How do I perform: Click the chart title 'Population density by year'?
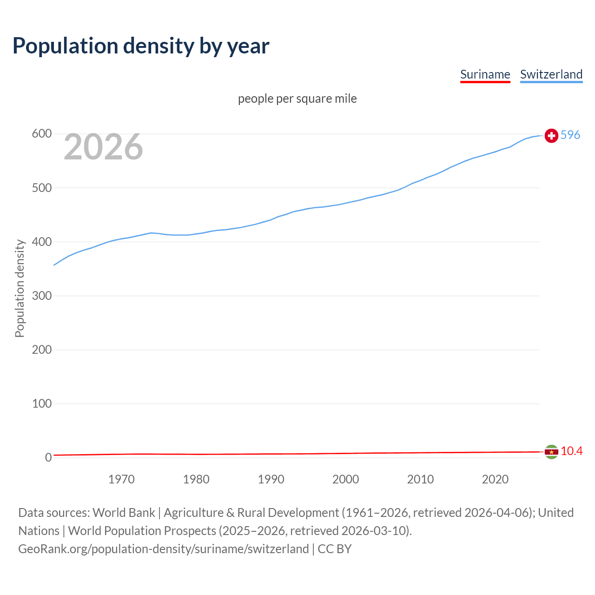coord(141,46)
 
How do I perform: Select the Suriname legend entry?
coord(485,74)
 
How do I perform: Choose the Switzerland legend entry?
coord(551,74)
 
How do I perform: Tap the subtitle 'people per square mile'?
coord(297,99)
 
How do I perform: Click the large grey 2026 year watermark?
coord(103,147)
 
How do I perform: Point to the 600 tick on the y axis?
coord(41,134)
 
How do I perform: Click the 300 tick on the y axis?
coord(41,296)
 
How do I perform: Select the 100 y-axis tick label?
coord(41,403)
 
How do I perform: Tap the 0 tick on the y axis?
coord(48,457)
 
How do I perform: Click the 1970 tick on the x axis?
coord(121,479)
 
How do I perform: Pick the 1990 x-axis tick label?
coord(271,479)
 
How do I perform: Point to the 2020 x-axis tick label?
coord(495,479)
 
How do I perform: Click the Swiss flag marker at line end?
coord(551,135)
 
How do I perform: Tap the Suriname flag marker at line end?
coord(551,452)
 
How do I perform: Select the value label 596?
coord(570,135)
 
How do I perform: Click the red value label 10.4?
coord(571,451)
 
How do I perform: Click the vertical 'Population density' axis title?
coord(20,288)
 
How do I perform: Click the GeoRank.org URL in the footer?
coord(163,549)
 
